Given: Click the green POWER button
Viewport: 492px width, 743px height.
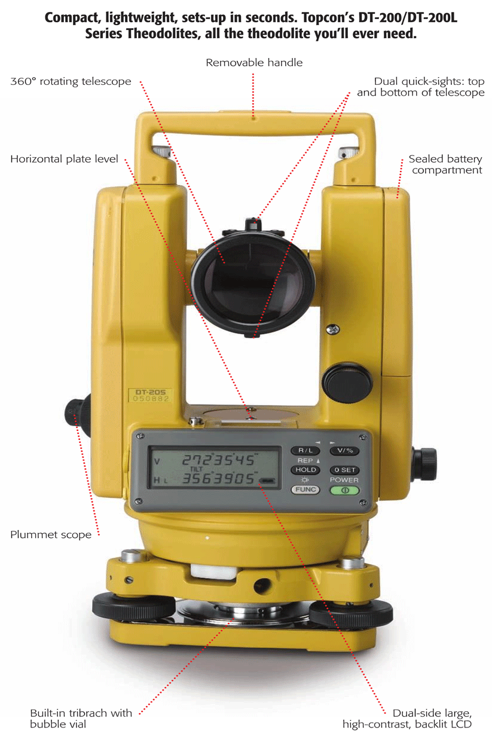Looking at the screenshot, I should click(344, 490).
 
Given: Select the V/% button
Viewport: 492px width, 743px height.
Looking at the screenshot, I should click(344, 450).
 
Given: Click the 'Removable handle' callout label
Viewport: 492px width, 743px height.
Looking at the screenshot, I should click(254, 62).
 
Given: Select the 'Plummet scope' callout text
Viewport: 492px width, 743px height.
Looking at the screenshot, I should click(51, 534).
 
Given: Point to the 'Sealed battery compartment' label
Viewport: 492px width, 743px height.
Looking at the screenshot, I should click(445, 164).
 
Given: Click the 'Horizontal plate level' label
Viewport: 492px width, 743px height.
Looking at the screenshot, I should click(64, 159).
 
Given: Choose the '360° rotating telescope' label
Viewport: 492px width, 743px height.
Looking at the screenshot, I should click(71, 81).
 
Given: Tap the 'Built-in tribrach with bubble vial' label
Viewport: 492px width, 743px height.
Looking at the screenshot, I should click(81, 718).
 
